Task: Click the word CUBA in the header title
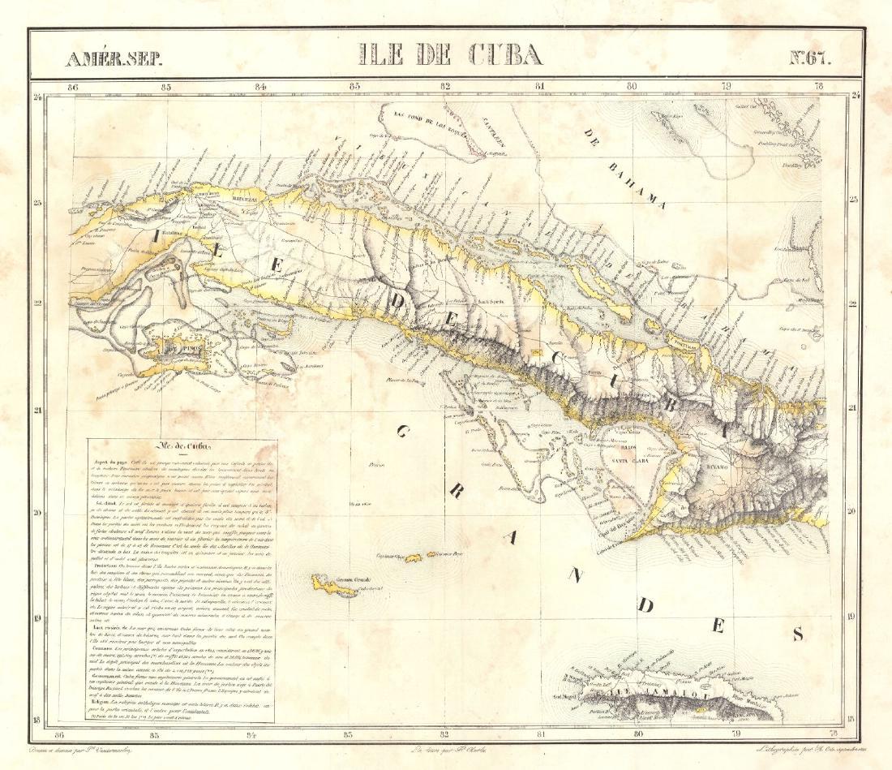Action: point(505,54)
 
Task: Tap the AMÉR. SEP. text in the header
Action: point(114,58)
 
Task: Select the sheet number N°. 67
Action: point(810,57)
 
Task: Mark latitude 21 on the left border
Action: point(36,411)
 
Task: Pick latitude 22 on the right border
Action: point(852,305)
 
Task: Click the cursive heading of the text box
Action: point(183,446)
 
